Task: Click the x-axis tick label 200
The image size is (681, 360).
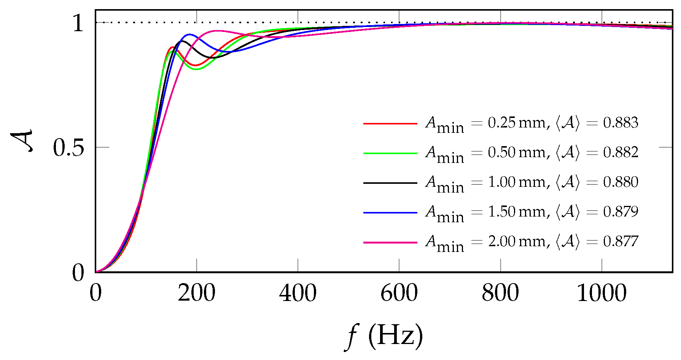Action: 196,293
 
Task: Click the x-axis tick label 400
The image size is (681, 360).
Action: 298,293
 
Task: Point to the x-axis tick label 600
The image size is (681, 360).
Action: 399,293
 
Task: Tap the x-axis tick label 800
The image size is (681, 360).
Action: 500,293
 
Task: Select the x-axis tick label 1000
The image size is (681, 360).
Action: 601,293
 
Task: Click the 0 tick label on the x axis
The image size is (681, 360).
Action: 95,293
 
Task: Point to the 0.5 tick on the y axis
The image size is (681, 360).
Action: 68,148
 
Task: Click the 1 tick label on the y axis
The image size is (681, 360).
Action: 78,24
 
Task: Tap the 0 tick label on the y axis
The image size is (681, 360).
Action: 78,273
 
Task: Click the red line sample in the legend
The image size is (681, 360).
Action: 390,124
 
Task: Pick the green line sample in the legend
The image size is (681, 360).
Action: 390,153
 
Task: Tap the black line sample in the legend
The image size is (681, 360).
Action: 390,183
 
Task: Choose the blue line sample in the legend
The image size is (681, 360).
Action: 390,213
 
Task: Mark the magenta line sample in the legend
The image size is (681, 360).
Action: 390,242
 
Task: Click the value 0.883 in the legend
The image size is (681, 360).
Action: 621,123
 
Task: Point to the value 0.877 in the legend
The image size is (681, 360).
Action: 621,242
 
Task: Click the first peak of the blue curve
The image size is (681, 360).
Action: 188,35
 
